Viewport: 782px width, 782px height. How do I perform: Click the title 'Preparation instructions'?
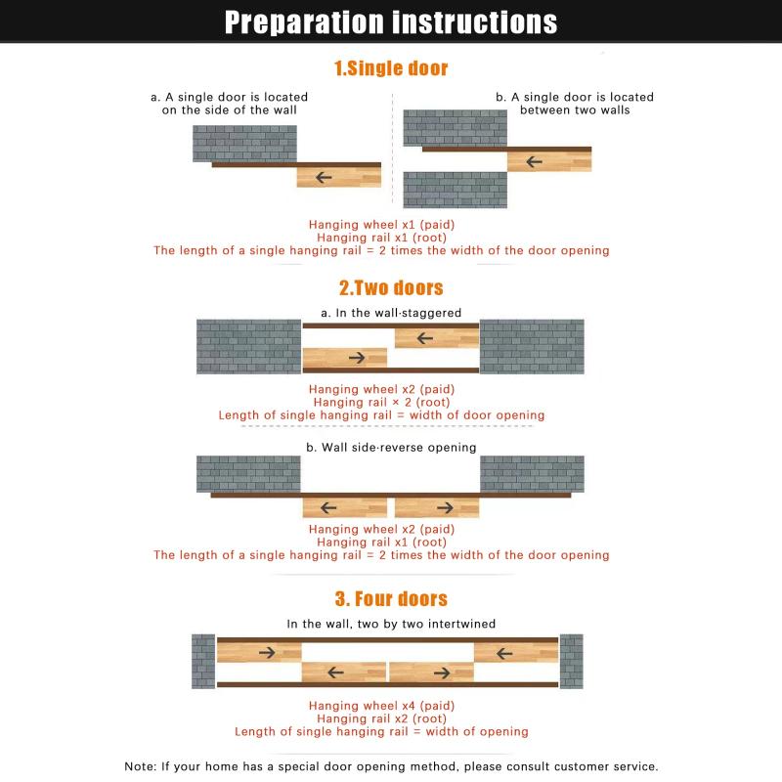coord(391,22)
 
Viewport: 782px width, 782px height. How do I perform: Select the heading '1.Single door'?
coord(391,68)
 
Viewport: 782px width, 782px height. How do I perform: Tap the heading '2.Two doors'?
coord(391,287)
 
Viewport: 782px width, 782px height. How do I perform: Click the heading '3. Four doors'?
coord(391,598)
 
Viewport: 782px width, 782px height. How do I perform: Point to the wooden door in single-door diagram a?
coord(338,177)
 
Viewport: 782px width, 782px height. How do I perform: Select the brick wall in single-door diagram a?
coord(244,144)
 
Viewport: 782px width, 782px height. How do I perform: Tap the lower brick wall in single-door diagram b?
coord(456,190)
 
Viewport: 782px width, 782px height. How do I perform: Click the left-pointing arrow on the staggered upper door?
coord(424,338)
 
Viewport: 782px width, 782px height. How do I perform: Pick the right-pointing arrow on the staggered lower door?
coord(357,358)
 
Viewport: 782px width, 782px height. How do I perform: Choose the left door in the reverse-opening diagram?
coord(344,508)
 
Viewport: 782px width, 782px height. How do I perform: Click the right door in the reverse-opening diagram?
coord(436,508)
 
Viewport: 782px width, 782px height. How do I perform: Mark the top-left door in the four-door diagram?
coord(259,651)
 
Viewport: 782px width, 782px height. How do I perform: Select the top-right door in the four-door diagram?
coord(515,651)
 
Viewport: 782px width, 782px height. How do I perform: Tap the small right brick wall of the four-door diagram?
coord(571,662)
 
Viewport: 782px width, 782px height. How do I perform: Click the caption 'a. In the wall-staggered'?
coord(391,313)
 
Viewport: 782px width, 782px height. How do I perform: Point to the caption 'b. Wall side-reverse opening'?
coord(391,448)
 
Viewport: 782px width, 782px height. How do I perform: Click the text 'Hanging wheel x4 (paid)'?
coord(381,706)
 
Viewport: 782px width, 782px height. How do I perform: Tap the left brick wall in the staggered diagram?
coord(248,347)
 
